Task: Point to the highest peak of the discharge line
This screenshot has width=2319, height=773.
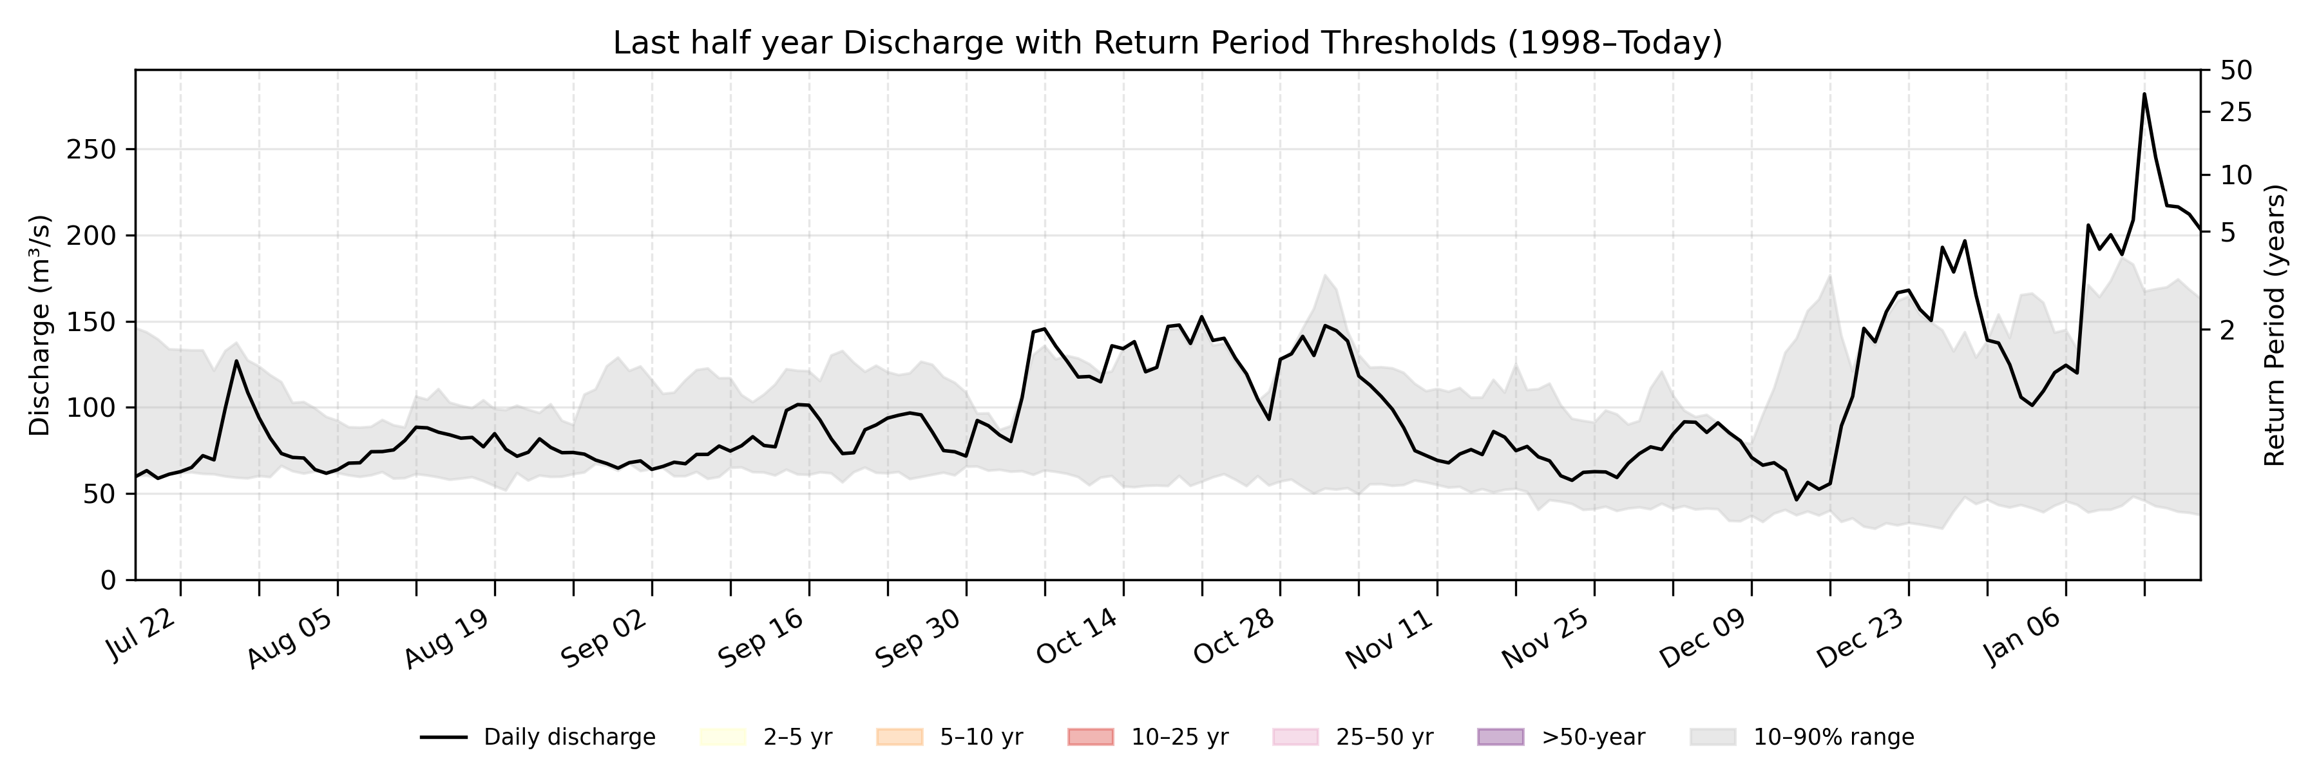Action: point(2143,93)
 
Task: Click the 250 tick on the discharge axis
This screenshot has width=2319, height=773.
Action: point(92,149)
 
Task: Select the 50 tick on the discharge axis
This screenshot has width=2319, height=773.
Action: point(101,494)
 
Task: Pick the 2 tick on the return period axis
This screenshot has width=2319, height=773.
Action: point(2227,330)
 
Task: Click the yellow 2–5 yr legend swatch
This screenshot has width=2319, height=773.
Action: point(723,737)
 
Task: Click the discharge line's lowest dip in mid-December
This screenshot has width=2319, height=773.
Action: point(1796,499)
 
